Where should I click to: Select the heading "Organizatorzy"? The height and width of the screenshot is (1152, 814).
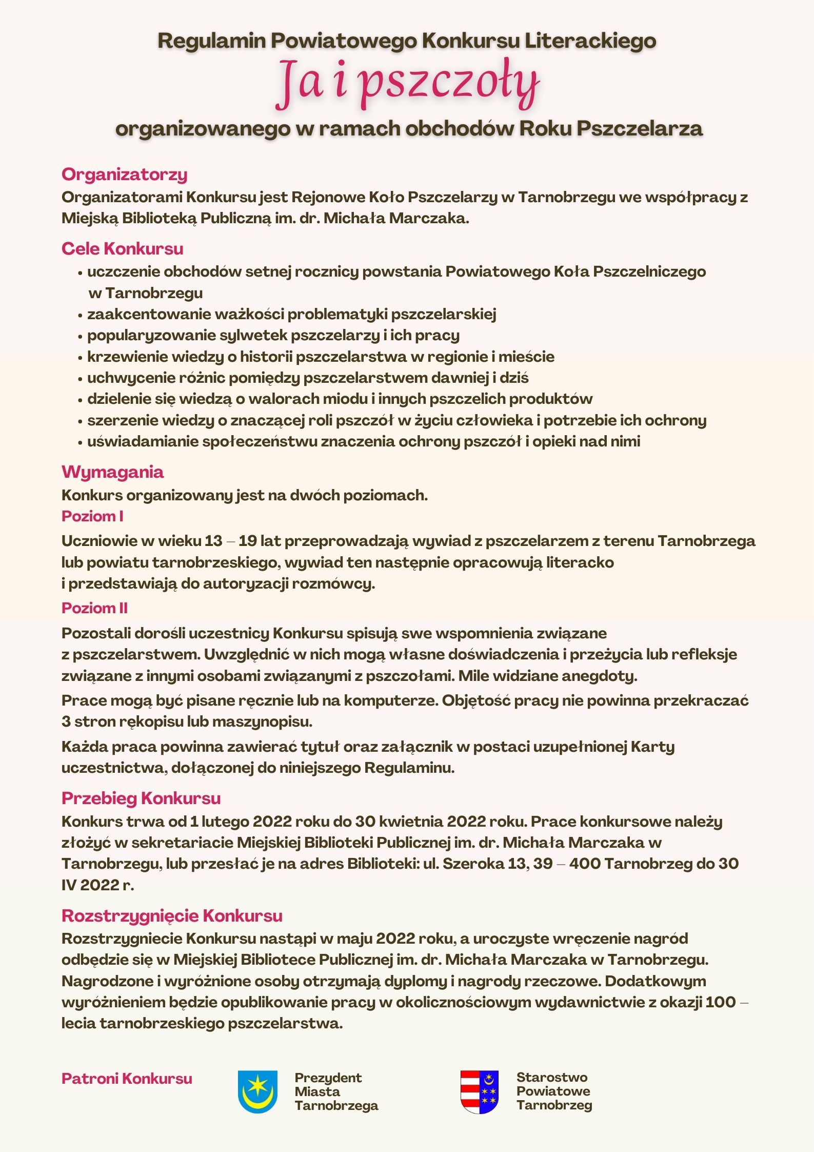[124, 174]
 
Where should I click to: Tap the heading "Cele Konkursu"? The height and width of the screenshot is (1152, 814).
[122, 249]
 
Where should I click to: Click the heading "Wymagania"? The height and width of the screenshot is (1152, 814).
[112, 472]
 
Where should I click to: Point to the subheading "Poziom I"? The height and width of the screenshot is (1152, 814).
[92, 516]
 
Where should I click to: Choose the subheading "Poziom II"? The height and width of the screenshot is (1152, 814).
[94, 608]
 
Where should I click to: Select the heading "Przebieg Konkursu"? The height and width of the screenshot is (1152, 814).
[141, 798]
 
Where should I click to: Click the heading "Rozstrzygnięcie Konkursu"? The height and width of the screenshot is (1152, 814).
[172, 916]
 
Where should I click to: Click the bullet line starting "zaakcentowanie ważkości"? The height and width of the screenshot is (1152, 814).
[291, 314]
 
